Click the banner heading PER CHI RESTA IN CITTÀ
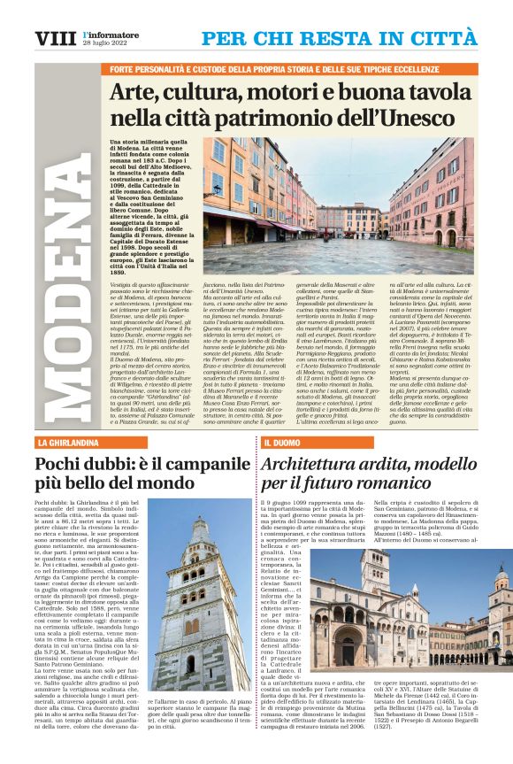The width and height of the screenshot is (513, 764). point(339,38)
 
